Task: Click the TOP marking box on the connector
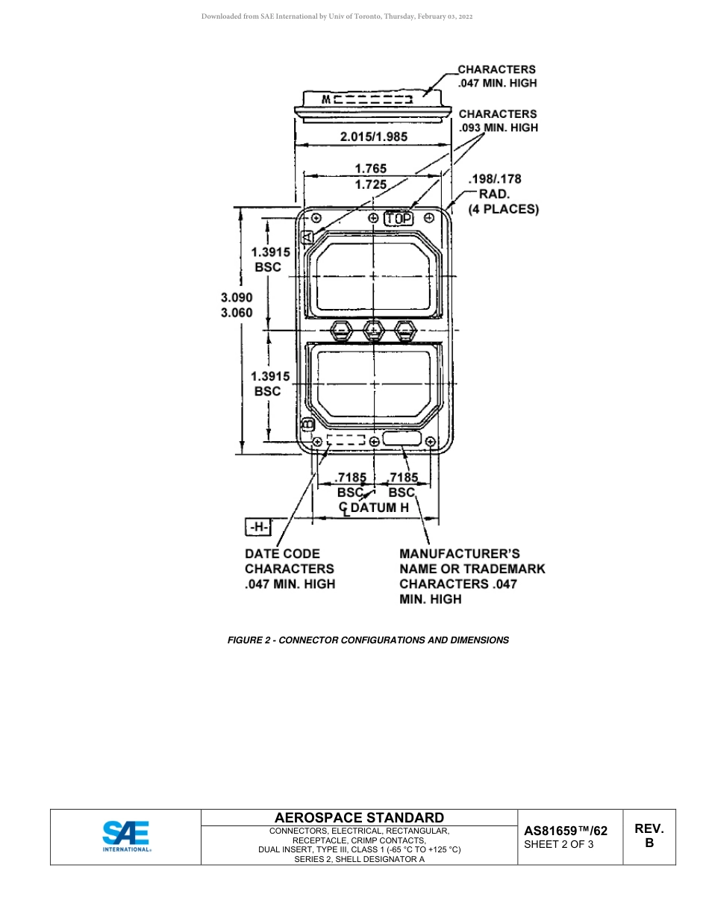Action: pos(399,219)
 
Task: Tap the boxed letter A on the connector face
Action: pos(306,237)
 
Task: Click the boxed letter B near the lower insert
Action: pos(307,425)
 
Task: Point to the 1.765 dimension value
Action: pos(370,169)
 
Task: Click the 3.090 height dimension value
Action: pos(237,297)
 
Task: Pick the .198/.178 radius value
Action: pos(494,179)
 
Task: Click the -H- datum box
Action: pos(258,528)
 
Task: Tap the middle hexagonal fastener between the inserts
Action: pos(373,329)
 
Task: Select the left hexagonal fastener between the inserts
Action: pos(341,329)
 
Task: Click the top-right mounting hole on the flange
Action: pos(429,217)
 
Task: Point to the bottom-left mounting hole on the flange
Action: pos(318,442)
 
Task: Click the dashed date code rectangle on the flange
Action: pos(346,440)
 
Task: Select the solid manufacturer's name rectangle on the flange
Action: pos(402,439)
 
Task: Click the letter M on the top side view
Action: pos(326,99)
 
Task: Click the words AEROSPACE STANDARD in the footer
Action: pos(359,818)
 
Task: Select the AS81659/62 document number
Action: pos(566,831)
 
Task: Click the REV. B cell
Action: pos(649,836)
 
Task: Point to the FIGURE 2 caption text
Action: pos(368,640)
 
